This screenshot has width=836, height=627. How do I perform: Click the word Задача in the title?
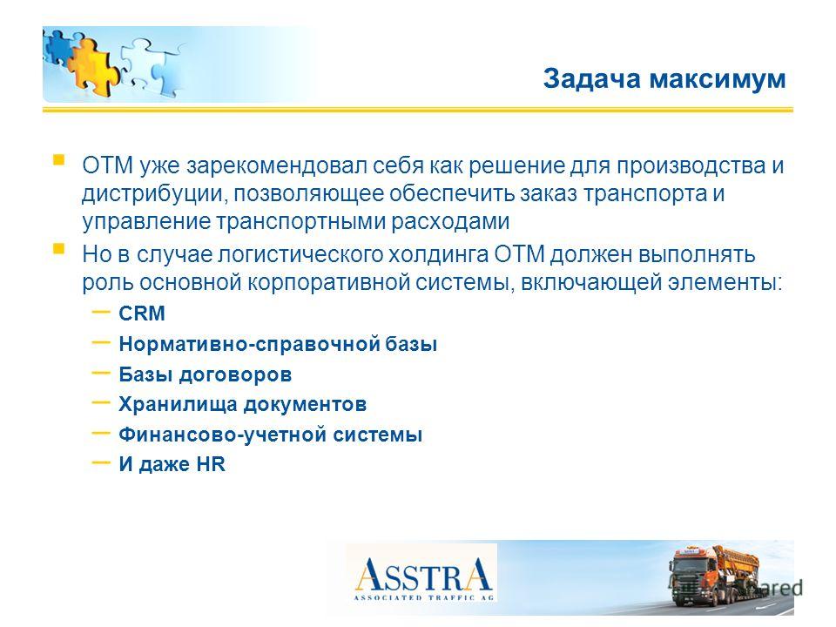(592, 79)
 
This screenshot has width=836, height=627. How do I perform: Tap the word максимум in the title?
(718, 80)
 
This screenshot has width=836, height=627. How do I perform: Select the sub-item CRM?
(142, 313)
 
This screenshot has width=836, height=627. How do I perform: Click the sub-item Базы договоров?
(206, 374)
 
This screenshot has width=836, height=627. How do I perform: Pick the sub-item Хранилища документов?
(243, 404)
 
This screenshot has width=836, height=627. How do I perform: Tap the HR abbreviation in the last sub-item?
(211, 464)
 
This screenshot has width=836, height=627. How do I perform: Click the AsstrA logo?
(424, 578)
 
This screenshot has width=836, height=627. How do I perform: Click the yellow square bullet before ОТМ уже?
(58, 160)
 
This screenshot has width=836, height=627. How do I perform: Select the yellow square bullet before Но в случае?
(58, 249)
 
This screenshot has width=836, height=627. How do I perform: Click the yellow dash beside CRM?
(101, 312)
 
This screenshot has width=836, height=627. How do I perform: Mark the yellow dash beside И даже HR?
(101, 462)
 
